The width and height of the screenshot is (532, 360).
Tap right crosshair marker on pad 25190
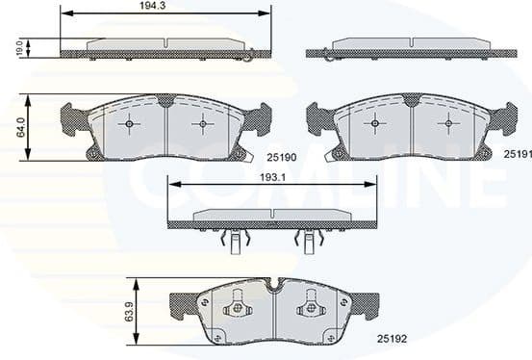pyautogui.click(x=201, y=123)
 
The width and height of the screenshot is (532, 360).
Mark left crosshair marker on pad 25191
pyautogui.click(x=376, y=123)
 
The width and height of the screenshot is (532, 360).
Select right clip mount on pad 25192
pyautogui.click(x=311, y=310)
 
